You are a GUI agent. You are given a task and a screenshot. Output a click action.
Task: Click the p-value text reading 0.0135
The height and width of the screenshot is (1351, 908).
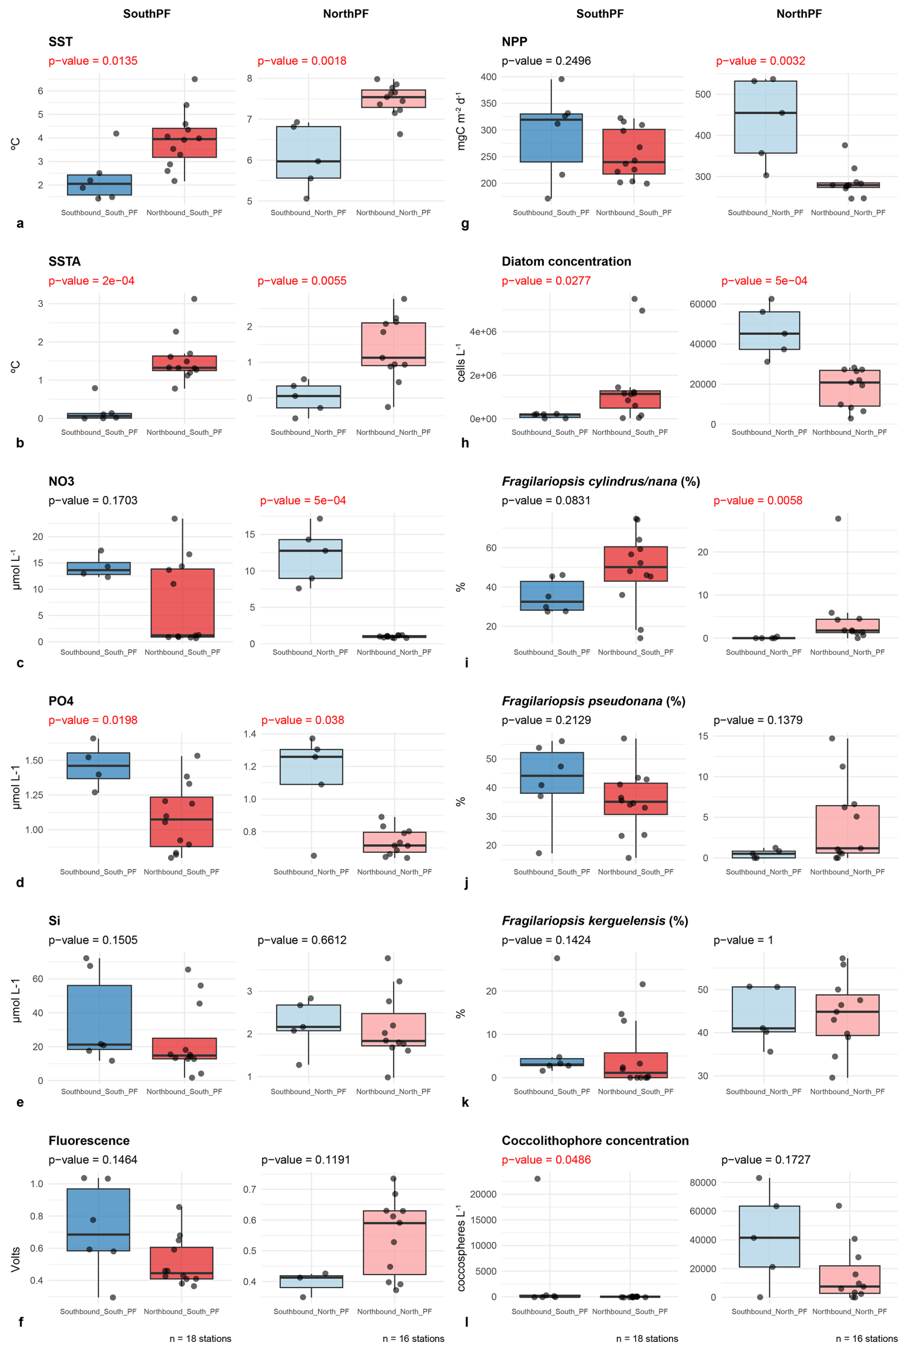[x=93, y=61]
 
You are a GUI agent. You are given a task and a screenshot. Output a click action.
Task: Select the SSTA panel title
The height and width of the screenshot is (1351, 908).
[x=64, y=261]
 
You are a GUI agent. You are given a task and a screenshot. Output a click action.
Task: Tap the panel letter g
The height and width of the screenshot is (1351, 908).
[x=465, y=224]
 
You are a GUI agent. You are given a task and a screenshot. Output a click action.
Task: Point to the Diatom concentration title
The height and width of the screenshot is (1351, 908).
[x=566, y=261]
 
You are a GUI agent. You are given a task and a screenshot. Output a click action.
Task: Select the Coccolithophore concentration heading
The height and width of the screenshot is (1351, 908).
[x=595, y=1140]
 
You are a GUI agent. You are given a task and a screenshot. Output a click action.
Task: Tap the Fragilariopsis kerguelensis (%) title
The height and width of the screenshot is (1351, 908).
[x=594, y=921]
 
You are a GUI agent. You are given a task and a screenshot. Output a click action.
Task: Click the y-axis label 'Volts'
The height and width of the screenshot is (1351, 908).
[x=16, y=1258]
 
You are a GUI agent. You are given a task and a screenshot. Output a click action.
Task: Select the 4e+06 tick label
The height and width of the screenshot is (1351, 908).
[x=482, y=332]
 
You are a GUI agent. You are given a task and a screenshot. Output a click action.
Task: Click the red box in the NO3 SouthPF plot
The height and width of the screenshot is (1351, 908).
[x=182, y=602]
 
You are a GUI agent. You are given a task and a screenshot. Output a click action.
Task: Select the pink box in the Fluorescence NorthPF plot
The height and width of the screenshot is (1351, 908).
[x=394, y=1242]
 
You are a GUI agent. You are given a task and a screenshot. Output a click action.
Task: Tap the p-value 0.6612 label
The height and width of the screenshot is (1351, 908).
[x=302, y=940]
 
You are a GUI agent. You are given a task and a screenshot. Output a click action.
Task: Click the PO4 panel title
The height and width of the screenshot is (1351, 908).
[x=61, y=701]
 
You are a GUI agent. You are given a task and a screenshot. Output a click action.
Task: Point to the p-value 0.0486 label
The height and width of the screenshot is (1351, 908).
[x=546, y=1160]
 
